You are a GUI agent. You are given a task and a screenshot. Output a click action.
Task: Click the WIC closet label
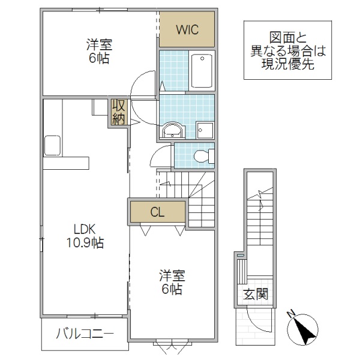(186, 29)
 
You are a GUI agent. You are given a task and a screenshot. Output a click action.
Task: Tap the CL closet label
(157, 212)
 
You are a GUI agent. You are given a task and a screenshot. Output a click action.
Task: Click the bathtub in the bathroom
(202, 71)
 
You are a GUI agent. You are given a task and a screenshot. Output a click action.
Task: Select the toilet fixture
(203, 156)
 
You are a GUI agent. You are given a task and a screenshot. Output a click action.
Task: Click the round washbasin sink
(173, 130)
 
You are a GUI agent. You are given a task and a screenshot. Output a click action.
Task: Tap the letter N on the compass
(291, 313)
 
